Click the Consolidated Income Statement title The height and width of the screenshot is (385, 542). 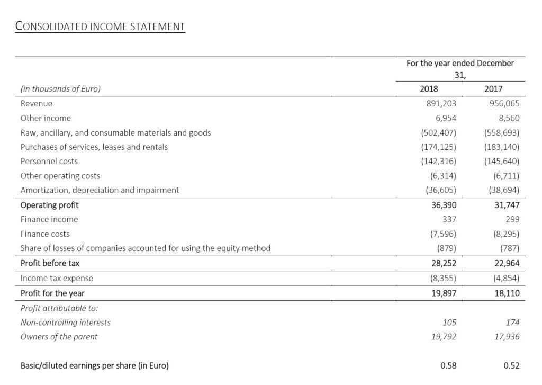[100, 26]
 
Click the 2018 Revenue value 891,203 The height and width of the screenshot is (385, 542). [441, 104]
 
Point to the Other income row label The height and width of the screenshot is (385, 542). [46, 118]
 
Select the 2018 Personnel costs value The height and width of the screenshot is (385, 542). [441, 161]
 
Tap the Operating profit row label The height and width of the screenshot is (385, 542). [49, 205]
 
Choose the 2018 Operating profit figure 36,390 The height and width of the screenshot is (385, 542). [444, 205]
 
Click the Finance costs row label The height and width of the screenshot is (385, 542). [45, 234]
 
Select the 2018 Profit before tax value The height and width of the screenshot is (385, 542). [444, 263]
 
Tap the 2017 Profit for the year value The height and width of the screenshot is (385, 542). [507, 293]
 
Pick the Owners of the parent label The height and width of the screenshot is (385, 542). [59, 336]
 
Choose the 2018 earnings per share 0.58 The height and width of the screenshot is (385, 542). [448, 365]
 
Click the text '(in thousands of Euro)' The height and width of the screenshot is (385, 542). [60, 89]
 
